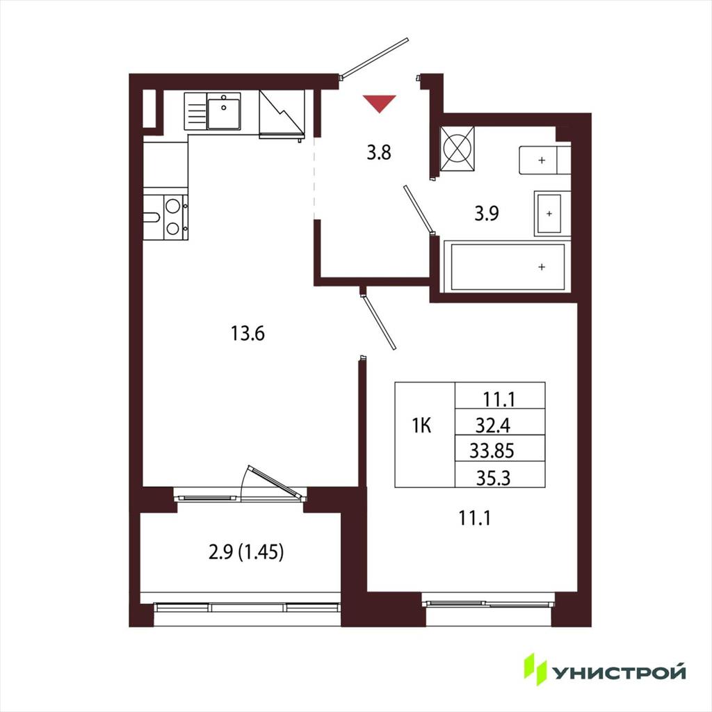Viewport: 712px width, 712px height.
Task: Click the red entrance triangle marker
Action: click(379, 103)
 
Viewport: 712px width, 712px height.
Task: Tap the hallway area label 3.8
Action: click(379, 152)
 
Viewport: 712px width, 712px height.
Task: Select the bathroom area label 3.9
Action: click(487, 213)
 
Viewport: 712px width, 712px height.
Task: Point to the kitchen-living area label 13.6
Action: click(248, 334)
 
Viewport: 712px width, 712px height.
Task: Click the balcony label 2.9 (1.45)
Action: click(246, 552)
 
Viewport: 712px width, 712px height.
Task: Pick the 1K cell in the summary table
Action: click(421, 426)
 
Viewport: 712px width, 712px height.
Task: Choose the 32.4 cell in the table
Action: click(493, 426)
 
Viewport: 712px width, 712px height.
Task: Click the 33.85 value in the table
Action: click(492, 451)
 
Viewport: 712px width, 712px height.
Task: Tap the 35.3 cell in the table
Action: click(493, 478)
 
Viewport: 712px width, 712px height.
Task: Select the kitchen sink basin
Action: click(224, 111)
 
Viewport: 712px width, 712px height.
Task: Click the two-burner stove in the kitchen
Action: click(165, 218)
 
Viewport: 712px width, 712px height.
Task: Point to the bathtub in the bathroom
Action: click(508, 267)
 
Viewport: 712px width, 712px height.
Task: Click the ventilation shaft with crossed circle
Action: click(458, 149)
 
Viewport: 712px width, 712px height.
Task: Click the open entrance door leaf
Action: click(375, 58)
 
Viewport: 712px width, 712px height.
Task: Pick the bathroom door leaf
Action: click(418, 209)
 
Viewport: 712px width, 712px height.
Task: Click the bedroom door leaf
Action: click(380, 322)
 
